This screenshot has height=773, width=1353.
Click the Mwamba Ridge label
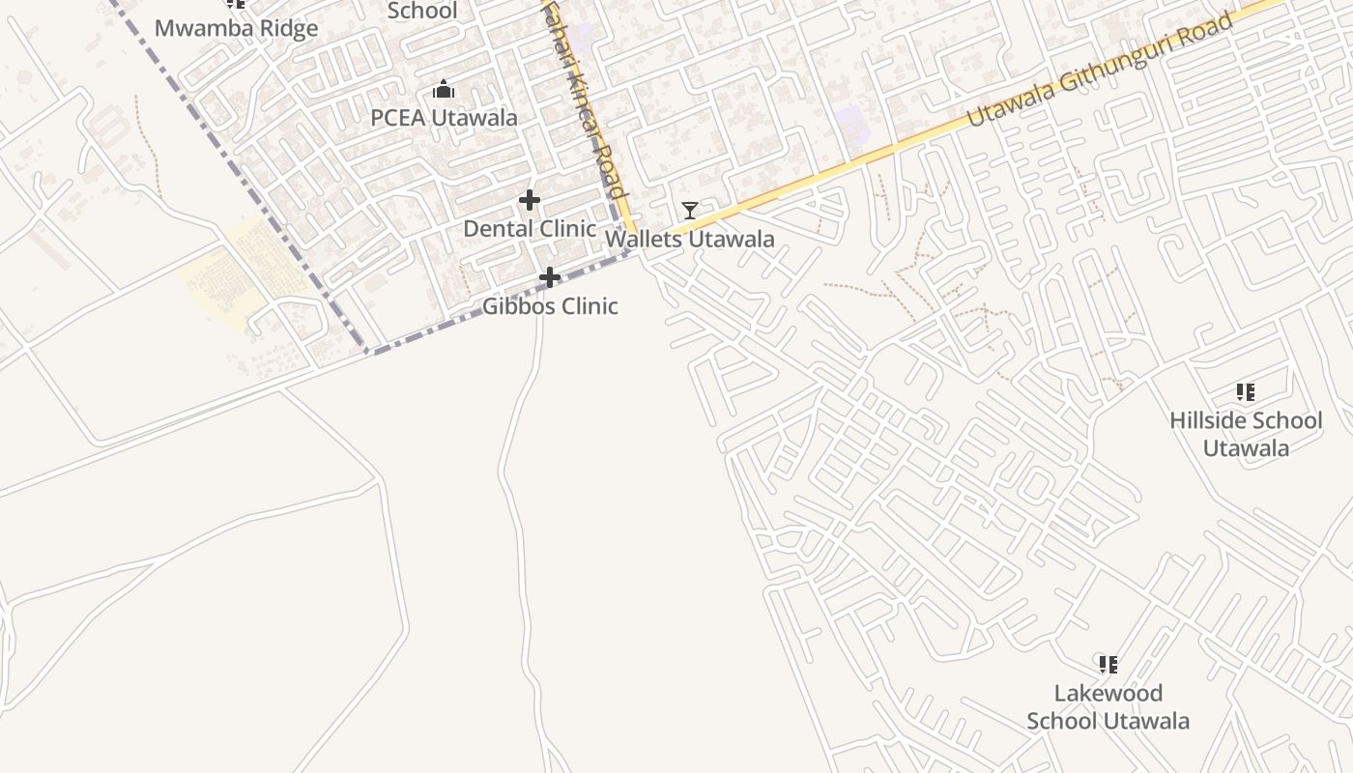coord(236,28)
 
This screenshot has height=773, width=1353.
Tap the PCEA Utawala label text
coord(444,118)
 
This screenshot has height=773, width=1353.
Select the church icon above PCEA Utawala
coord(444,90)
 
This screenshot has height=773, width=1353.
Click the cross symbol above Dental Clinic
coord(529,200)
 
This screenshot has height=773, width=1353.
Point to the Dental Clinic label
coord(530,229)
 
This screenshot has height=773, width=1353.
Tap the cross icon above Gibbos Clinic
coord(549,278)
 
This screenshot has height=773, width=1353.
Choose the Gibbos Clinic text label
coord(550,306)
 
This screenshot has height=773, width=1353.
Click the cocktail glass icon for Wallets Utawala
coord(689,210)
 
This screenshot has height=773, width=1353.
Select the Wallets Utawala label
coord(689,239)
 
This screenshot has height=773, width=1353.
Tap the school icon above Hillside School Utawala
coord(1245,392)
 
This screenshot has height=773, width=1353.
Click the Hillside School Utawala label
coord(1245,434)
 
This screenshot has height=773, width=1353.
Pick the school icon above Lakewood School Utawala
coord(1108,665)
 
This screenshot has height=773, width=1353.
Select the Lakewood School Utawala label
coord(1108,706)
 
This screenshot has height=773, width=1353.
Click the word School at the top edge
coord(422,11)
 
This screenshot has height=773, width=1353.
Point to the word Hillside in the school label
coord(1209,420)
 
